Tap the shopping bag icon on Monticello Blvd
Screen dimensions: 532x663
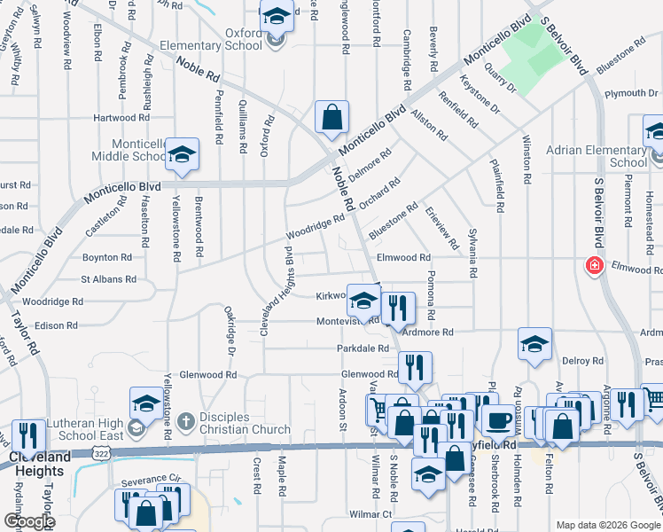[331, 117]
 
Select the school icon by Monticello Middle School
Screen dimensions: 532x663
[182, 153]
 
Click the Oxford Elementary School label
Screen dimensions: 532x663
[212, 40]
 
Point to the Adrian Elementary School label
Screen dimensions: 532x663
[603, 157]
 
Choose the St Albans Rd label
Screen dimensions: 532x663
[108, 279]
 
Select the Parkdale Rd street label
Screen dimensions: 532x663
[363, 348]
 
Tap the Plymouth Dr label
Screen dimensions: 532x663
[630, 93]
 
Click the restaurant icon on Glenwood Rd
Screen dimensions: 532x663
[415, 367]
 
